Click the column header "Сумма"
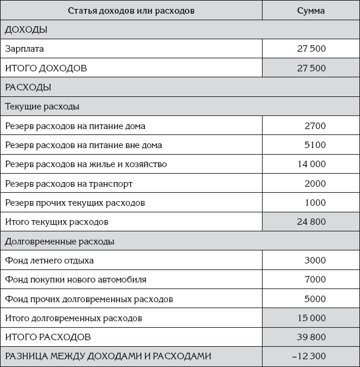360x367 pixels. [x=311, y=11]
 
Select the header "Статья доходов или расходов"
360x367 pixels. [x=131, y=11]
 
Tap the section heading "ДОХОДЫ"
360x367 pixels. [x=26, y=30]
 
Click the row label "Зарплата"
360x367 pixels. [x=24, y=49]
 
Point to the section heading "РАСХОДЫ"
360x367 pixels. [x=28, y=87]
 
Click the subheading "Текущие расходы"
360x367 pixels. [x=42, y=106]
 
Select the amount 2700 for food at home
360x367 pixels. [x=314, y=126]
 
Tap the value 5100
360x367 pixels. [x=314, y=145]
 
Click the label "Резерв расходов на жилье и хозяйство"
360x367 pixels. [x=86, y=164]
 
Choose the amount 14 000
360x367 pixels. [x=311, y=164]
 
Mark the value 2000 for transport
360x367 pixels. [x=314, y=184]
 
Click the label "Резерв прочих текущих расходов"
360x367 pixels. [x=75, y=203]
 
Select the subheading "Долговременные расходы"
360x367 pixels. [x=59, y=241]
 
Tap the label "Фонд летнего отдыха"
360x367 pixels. [x=49, y=261]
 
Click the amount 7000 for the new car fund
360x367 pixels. [x=314, y=280]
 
